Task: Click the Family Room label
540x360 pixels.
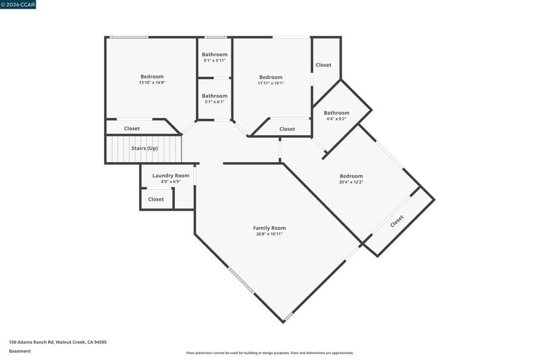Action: pos(269,228)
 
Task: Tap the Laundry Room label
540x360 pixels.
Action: pos(171,176)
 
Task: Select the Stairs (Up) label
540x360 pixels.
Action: pos(144,148)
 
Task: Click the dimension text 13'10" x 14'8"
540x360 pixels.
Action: pos(153,82)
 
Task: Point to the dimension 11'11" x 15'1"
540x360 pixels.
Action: pos(271,83)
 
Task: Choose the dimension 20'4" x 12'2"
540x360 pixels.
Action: pos(351,182)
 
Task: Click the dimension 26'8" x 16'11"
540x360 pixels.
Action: pos(269,234)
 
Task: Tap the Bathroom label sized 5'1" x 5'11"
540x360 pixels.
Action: pos(215,55)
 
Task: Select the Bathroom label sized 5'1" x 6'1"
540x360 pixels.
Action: pos(215,96)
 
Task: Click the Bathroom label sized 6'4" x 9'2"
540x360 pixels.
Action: pos(336,113)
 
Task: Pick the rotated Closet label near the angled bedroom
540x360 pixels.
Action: pos(397,221)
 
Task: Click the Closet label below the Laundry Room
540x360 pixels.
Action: pos(156,199)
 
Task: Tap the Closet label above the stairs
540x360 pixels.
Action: pos(132,128)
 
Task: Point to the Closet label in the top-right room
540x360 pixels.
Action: pos(323,65)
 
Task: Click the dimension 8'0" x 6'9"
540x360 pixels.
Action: pos(171,182)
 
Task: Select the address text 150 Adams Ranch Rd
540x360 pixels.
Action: pos(32,342)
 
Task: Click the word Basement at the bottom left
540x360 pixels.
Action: pos(20,351)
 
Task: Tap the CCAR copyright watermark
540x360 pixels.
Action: pos(18,5)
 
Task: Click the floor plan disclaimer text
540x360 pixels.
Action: pos(269,353)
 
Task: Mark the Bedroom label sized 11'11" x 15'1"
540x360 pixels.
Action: pos(271,77)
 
